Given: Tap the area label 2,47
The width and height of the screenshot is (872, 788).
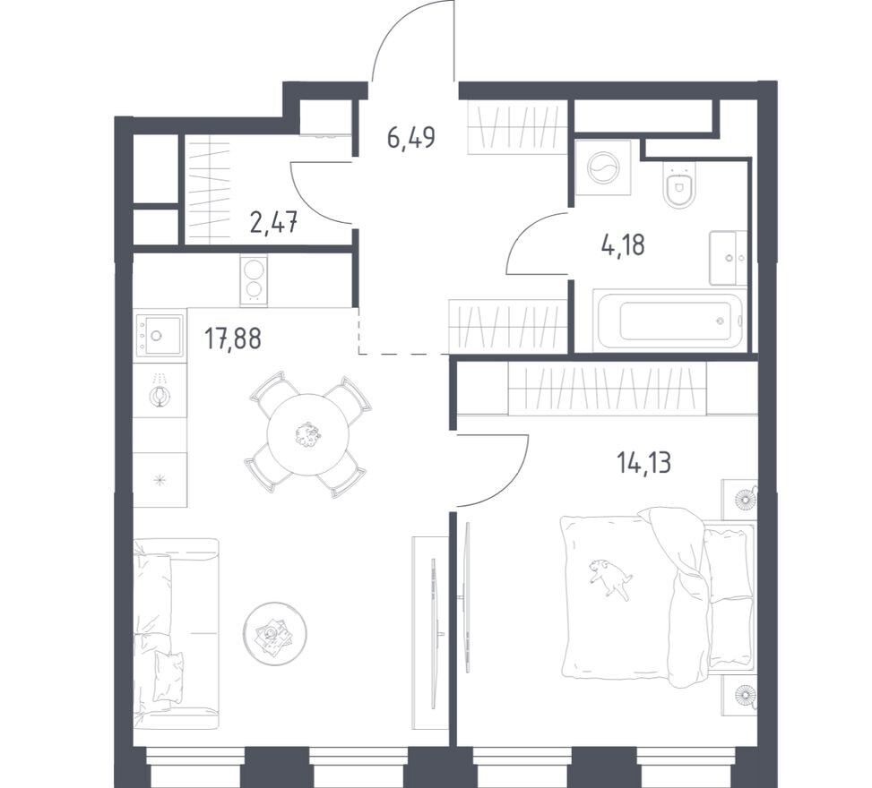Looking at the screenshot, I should click(273, 222).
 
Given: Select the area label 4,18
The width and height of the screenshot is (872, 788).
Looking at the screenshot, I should click(623, 244).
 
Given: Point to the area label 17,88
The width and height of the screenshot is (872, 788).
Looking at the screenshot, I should click(232, 340).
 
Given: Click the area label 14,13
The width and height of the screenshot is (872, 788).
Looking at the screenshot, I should click(643, 463).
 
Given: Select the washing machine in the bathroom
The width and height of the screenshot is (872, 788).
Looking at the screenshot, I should click(602, 167).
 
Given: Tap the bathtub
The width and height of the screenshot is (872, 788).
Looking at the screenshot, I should click(670, 321).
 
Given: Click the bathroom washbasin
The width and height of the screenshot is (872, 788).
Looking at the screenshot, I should click(728, 258).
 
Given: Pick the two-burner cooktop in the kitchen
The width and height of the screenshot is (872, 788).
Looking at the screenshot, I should click(254, 280).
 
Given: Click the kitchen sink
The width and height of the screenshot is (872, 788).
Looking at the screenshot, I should click(160, 336).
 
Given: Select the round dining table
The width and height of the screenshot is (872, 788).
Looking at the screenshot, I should click(307, 435).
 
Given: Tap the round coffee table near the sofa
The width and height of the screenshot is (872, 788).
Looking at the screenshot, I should click(273, 633).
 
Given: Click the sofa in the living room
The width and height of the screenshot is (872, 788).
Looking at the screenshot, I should click(175, 631).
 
